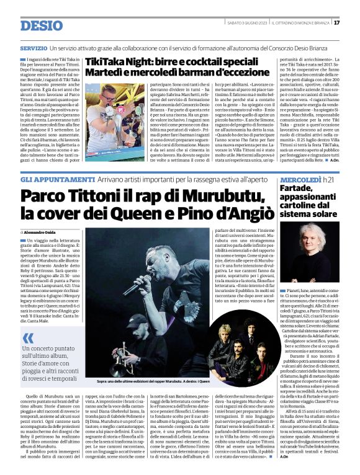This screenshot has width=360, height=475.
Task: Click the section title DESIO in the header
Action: pos(42,25)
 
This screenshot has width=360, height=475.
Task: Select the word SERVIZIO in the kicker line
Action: pos(34,48)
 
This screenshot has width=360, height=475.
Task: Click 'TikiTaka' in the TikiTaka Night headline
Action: pos(105,63)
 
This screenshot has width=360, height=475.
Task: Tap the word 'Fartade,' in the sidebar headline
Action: pos(299,172)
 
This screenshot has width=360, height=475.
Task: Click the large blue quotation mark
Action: pos(29,338)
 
